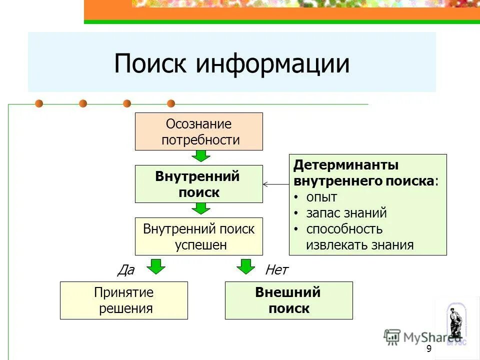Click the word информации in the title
pyautogui.click(x=272, y=64)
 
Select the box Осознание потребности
pyautogui.click(x=198, y=131)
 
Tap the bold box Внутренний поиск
pyautogui.click(x=198, y=184)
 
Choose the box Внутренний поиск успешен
pyautogui.click(x=198, y=236)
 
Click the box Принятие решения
pyautogui.click(x=123, y=300)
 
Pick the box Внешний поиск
pyautogui.click(x=288, y=300)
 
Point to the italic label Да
pyautogui.click(x=125, y=270)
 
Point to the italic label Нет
pyautogui.click(x=276, y=270)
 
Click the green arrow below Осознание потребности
pyautogui.click(x=200, y=156)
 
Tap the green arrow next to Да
pyautogui.click(x=157, y=266)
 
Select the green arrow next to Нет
pyautogui.click(x=245, y=266)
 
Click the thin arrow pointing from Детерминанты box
pyautogui.click(x=275, y=184)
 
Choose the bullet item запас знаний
pyautogui.click(x=346, y=213)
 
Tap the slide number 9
pyautogui.click(x=428, y=348)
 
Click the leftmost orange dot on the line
pyautogui.click(x=39, y=103)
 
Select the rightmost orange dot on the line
pyautogui.click(x=171, y=103)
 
